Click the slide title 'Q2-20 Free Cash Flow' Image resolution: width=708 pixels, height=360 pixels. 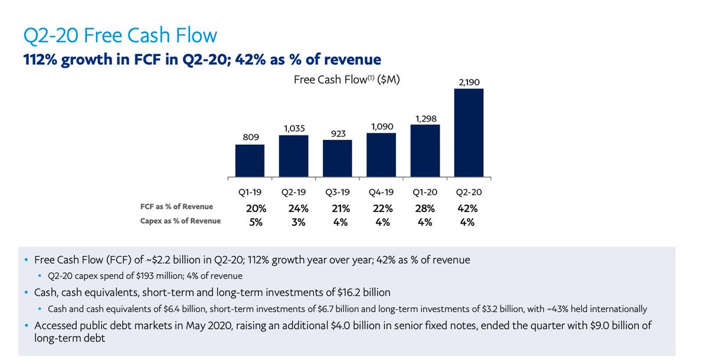point(120,36)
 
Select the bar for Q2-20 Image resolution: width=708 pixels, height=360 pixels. point(468,133)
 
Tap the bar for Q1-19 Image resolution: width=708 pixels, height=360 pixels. point(250,161)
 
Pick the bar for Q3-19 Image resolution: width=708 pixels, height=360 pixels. point(337,158)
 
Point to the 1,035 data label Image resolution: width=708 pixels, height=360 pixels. point(294,127)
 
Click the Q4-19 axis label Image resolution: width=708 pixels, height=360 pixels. point(381,192)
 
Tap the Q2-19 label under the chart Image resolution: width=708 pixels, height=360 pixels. point(294,192)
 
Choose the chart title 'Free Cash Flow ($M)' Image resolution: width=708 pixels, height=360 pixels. point(347,80)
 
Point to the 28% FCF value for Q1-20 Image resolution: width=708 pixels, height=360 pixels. point(425,208)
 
